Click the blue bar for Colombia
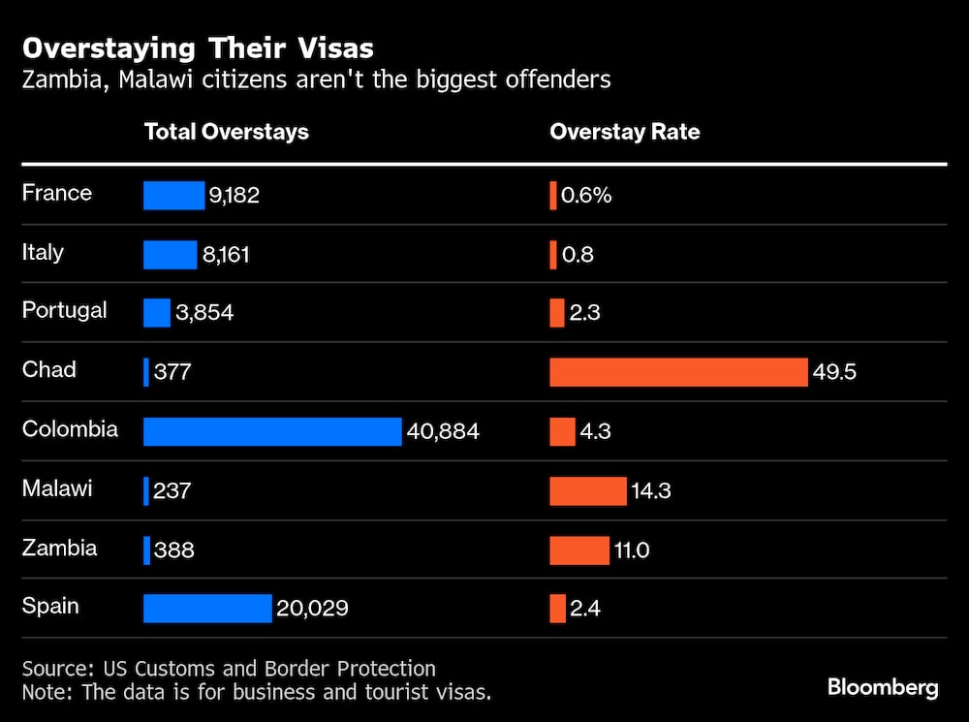[272, 431]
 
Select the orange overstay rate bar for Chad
[678, 372]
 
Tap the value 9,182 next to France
[234, 196]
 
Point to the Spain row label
[50, 607]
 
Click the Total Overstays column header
[226, 132]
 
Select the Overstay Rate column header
[624, 132]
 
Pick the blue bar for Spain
[207, 609]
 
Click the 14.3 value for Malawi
[651, 490]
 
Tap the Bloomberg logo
[882, 687]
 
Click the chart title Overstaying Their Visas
[198, 48]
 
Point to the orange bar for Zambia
[578, 549]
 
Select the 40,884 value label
[443, 431]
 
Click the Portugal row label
[64, 311]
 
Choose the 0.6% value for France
[586, 196]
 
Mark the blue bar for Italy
[170, 255]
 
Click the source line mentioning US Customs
[229, 669]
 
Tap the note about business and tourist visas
[256, 692]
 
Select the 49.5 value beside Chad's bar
[836, 372]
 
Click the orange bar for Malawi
[587, 490]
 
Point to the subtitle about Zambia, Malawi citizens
[316, 79]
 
